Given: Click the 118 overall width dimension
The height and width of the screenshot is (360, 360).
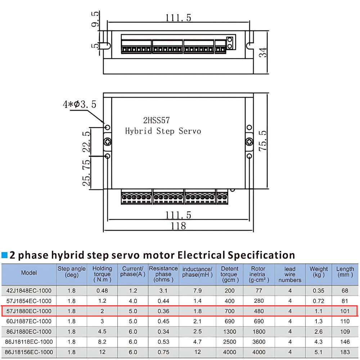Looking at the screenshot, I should point(179,226).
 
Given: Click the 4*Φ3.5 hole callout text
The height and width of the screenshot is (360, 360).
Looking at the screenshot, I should point(80,105).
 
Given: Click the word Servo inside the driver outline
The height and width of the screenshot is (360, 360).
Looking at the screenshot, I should point(189,131).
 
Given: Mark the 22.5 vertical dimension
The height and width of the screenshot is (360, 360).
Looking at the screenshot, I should point(87,142).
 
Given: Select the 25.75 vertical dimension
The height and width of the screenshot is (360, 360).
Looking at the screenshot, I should point(87,173).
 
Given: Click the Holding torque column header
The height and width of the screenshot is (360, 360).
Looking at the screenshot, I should point(102,274).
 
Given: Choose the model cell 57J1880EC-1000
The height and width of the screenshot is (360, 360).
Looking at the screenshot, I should point(29,311).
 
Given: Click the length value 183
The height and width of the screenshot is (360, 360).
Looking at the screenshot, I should point(345,352).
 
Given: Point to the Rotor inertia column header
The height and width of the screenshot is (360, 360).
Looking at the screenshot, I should point(258,274).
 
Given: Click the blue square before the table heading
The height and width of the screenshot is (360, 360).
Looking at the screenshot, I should point(5,255).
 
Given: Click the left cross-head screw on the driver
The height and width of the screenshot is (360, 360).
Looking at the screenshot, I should point(107,142).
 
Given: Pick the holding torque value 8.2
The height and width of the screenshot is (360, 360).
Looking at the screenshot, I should point(102,342).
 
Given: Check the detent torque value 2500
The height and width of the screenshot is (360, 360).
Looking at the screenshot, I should point(229,342).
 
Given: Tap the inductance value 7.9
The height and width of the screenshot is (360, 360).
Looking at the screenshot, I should point(197,291).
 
